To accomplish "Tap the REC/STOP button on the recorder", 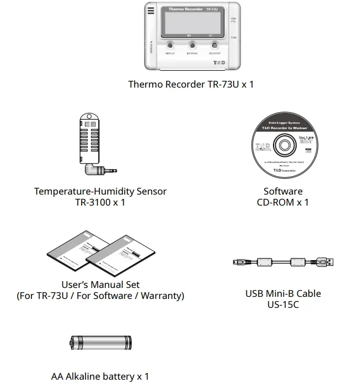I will (214, 45).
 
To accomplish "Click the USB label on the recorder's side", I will (233, 19).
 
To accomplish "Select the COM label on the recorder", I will (233, 38).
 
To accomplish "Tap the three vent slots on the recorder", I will (151, 12).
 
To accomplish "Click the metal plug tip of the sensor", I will (111, 170).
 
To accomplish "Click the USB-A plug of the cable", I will (326, 262).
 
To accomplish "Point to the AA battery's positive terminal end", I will (72, 344).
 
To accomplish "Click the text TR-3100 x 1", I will (100, 202).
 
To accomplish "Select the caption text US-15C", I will (283, 305).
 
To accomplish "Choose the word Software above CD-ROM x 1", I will (283, 191).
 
